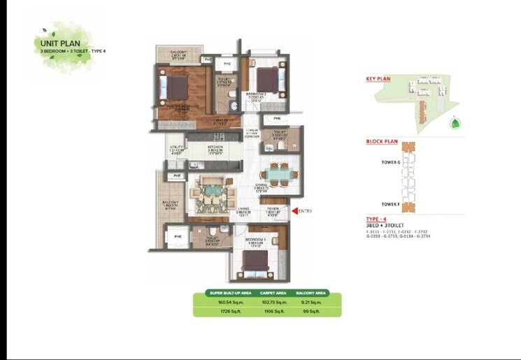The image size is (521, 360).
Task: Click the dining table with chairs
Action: tap(279, 173)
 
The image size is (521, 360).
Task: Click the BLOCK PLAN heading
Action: tap(382, 141)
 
